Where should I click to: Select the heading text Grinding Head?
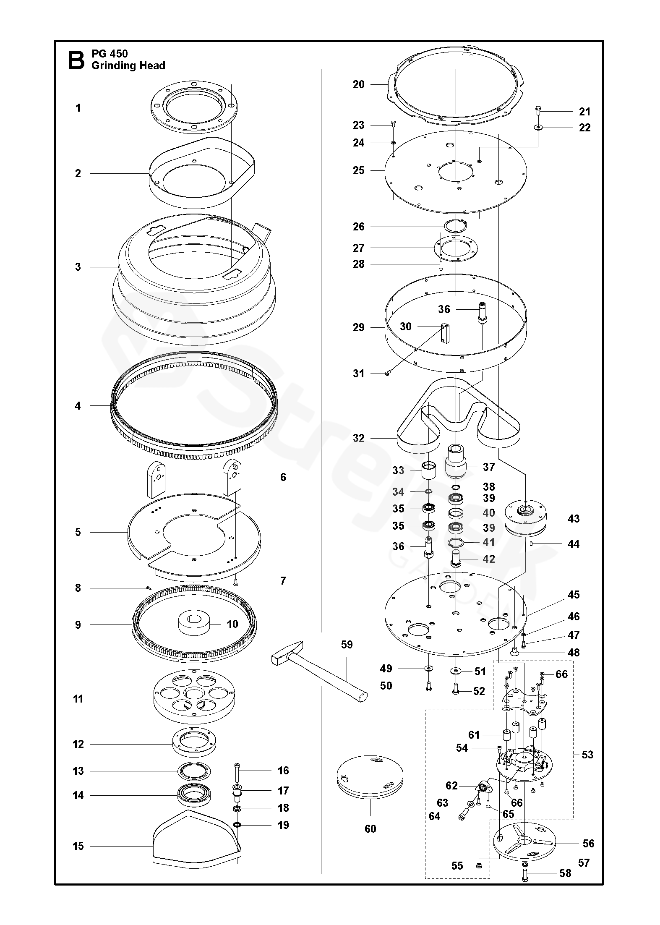point(128,66)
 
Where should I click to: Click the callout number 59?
point(347,644)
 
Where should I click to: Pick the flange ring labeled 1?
point(193,107)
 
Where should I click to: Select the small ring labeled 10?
point(194,625)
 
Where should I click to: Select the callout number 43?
point(573,518)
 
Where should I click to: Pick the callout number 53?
point(587,755)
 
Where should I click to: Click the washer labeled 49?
point(428,668)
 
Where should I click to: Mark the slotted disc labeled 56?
point(524,844)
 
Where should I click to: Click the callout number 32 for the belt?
point(359,438)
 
